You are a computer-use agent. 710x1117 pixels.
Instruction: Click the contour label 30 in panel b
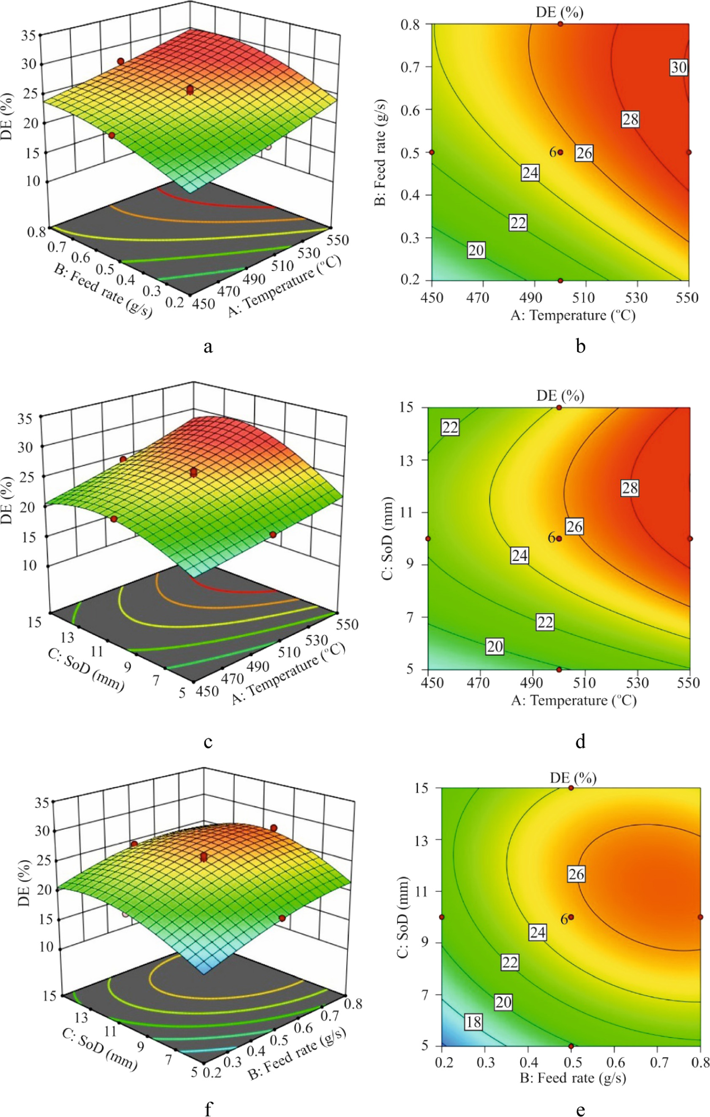(x=678, y=68)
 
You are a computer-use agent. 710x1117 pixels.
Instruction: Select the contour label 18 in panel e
(x=473, y=1022)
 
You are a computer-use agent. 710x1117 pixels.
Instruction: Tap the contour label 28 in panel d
(x=630, y=488)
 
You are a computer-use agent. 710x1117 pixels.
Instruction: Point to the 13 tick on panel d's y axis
(x=411, y=460)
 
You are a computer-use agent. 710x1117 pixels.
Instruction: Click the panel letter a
(x=208, y=346)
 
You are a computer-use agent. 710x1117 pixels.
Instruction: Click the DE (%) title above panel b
(x=559, y=12)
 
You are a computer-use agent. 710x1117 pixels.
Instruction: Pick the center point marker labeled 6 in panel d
(x=559, y=539)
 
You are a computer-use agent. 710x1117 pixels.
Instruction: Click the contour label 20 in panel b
(x=476, y=250)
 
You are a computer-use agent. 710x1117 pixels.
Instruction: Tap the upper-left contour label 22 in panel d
(x=450, y=427)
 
